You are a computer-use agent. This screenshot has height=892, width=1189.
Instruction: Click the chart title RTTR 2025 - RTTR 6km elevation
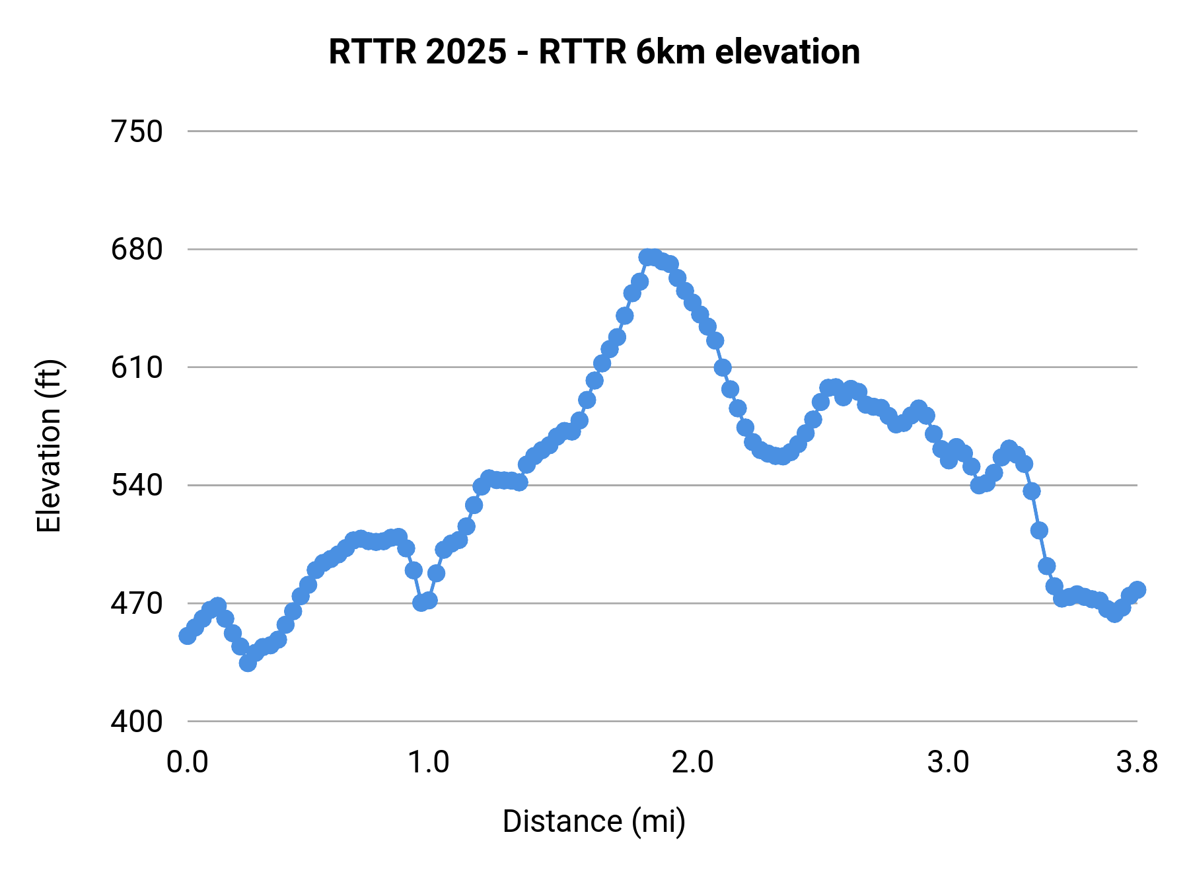tap(594, 52)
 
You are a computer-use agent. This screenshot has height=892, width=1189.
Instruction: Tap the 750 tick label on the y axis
tap(137, 132)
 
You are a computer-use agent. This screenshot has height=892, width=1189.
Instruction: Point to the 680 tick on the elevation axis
tap(137, 250)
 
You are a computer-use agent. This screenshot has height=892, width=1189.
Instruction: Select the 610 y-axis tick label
tap(137, 367)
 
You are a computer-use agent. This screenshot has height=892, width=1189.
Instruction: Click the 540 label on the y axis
tap(137, 486)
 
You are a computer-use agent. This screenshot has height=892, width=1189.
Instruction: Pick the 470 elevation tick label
tap(137, 603)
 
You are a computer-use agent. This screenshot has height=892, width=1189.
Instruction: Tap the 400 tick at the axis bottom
tap(137, 722)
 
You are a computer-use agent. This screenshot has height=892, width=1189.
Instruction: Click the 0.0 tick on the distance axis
tap(188, 762)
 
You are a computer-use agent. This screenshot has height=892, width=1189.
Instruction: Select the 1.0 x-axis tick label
tap(428, 762)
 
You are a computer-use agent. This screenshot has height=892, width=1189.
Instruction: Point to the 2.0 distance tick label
tap(692, 762)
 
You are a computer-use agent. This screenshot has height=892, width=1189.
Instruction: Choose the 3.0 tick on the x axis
tap(948, 762)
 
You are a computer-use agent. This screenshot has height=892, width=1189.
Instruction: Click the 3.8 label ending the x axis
tap(1137, 762)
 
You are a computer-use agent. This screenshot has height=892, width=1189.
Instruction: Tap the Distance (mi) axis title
tap(594, 821)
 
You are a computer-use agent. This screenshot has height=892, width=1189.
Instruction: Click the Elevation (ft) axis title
tap(49, 446)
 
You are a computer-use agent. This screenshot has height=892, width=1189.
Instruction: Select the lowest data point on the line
tap(248, 663)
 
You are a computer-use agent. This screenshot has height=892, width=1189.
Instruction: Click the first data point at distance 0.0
tap(188, 636)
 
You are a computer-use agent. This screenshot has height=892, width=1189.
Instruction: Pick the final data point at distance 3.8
tap(1137, 590)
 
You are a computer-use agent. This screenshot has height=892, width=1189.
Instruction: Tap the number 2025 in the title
tap(466, 52)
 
